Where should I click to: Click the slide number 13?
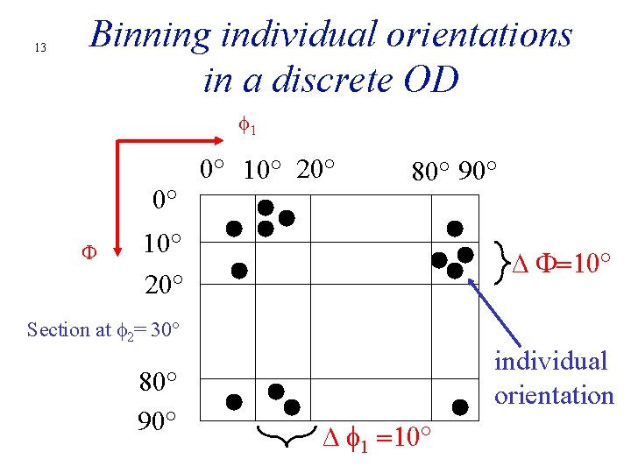click(39, 47)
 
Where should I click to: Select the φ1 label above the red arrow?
click(248, 127)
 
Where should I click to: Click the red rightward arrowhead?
click(219, 138)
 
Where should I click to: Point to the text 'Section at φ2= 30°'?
click(103, 330)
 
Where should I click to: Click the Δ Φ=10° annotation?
click(561, 262)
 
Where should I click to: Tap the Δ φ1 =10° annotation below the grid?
click(377, 435)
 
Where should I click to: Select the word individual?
click(550, 361)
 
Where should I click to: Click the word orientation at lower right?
click(554, 396)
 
